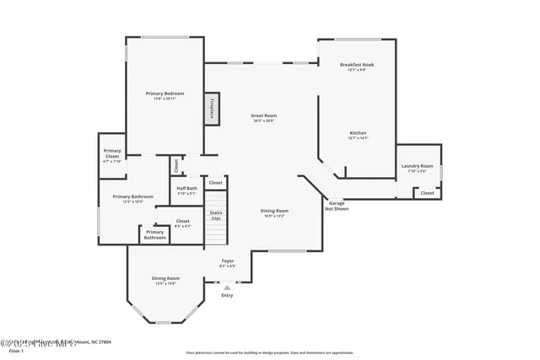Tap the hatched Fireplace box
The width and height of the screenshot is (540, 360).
pyautogui.click(x=211, y=110)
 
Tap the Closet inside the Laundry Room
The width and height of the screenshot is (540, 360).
pyautogui.click(x=427, y=193)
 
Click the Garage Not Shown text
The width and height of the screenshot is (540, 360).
pyautogui.click(x=336, y=205)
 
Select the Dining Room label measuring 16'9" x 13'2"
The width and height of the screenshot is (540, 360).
pyautogui.click(x=275, y=212)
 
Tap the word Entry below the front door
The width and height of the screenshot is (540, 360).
pyautogui.click(x=227, y=295)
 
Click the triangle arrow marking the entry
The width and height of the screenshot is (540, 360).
pyautogui.click(x=227, y=287)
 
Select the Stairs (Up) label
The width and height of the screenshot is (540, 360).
pyautogui.click(x=216, y=215)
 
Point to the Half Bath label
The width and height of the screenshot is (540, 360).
pyautogui.click(x=186, y=191)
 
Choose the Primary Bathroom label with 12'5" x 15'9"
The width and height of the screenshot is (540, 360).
pyautogui.click(x=133, y=199)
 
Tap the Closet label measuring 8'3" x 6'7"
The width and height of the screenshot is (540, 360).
pyautogui.click(x=183, y=223)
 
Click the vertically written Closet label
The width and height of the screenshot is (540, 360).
pyautogui.click(x=176, y=164)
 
